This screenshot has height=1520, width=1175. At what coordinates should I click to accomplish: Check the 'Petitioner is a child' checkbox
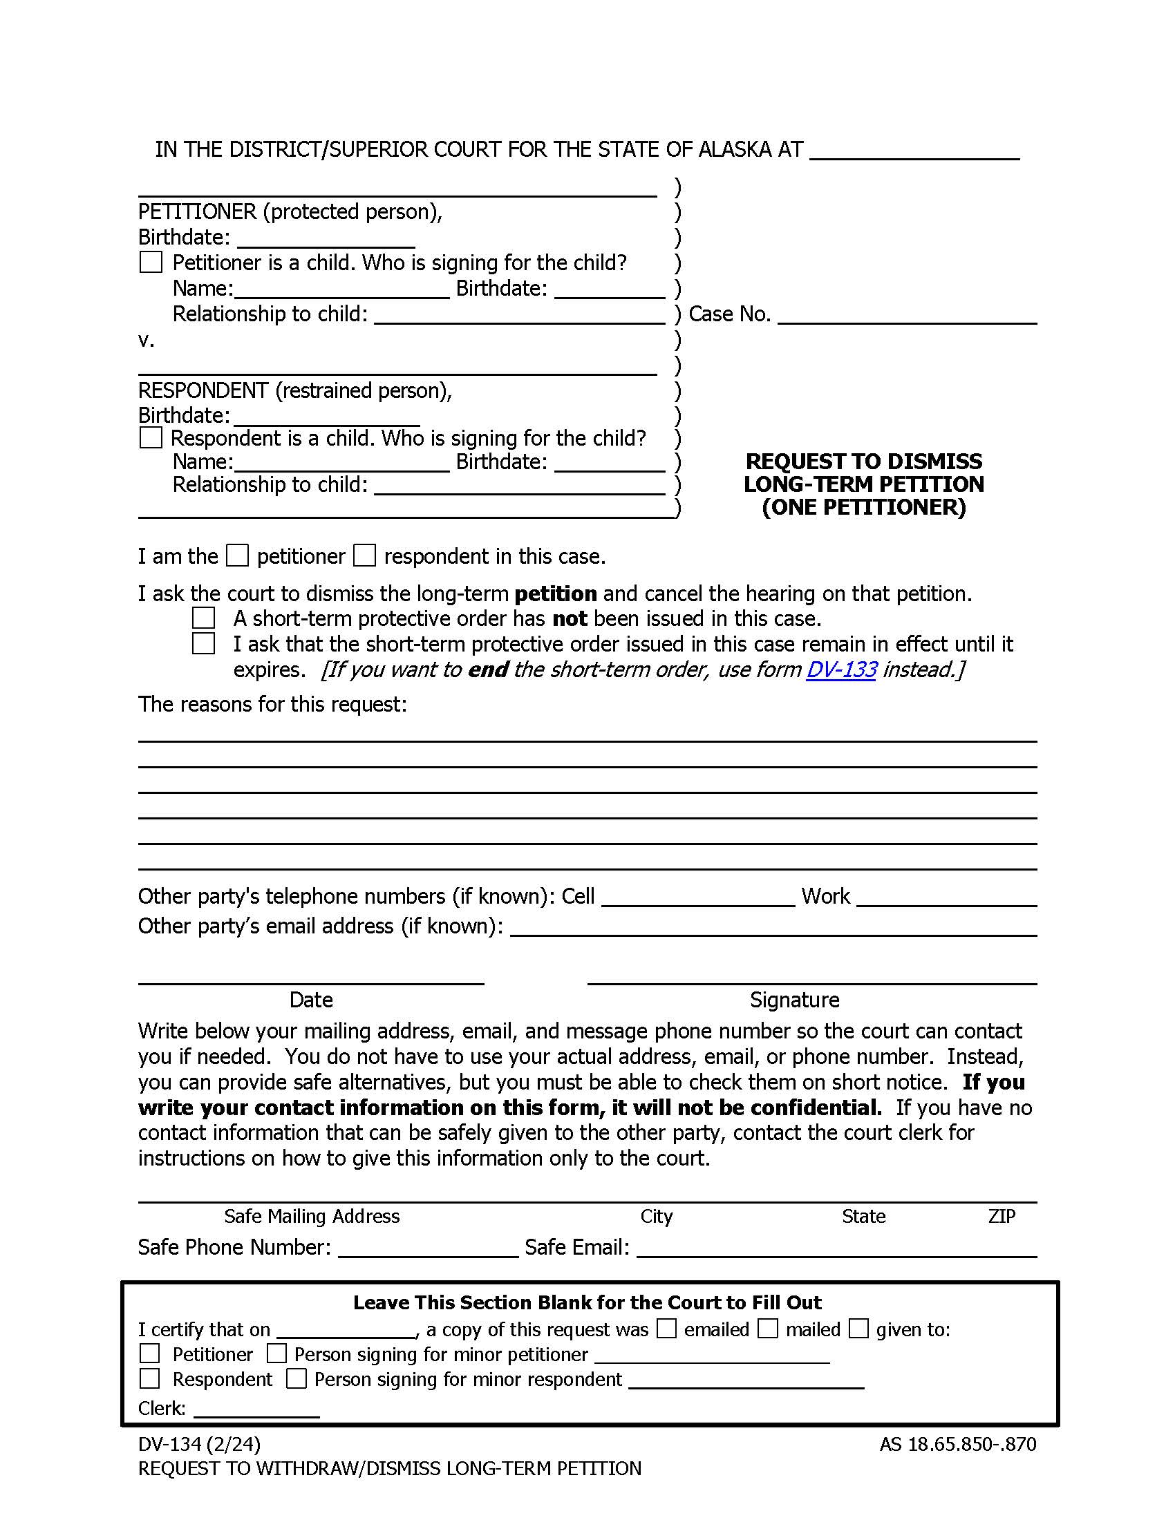[x=151, y=263]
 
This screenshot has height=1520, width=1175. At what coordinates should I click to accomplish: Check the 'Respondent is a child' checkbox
[x=151, y=438]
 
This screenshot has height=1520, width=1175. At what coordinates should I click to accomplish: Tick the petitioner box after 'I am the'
[x=237, y=555]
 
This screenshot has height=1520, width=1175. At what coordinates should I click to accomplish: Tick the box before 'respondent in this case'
[x=364, y=555]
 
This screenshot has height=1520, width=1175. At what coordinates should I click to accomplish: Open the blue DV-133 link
[x=841, y=669]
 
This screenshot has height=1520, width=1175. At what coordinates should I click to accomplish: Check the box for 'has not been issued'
[x=203, y=618]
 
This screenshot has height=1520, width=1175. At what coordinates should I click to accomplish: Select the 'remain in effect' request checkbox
[x=203, y=643]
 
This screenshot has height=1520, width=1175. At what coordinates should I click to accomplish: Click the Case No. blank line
[x=906, y=316]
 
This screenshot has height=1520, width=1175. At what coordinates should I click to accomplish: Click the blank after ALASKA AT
[x=914, y=152]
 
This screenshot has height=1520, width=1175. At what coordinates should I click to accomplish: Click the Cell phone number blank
[x=697, y=897]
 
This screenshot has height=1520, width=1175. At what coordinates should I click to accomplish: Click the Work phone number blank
[x=946, y=897]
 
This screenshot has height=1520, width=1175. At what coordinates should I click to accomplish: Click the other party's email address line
[x=773, y=928]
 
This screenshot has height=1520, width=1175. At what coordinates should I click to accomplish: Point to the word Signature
[x=794, y=1000]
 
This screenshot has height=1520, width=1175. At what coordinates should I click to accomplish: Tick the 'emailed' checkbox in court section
[x=667, y=1329]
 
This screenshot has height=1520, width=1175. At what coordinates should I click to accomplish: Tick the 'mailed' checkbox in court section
[x=768, y=1329]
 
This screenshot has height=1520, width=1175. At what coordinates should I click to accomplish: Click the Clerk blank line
[x=256, y=1409]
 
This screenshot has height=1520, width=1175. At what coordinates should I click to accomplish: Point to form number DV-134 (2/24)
[x=199, y=1445]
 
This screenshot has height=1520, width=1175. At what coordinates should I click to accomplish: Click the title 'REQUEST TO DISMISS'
[x=864, y=462]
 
